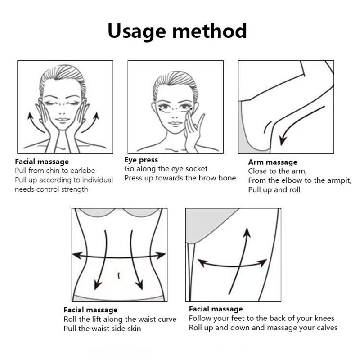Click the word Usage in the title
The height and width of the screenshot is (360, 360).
pyautogui.click(x=137, y=31)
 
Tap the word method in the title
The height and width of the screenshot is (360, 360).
pyautogui.click(x=210, y=31)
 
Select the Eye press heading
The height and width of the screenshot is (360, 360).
pyautogui.click(x=141, y=160)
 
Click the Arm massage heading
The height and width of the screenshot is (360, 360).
pyautogui.click(x=273, y=162)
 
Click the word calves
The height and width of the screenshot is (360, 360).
pyautogui.click(x=325, y=328)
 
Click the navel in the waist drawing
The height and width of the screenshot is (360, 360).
pyautogui.click(x=119, y=275)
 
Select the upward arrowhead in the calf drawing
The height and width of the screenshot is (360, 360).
pyautogui.click(x=247, y=232)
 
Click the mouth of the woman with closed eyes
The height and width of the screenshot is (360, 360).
pyautogui.click(x=63, y=120)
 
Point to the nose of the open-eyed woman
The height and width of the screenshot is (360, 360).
pyautogui.click(x=175, y=116)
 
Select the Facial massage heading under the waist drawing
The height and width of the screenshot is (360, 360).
pyautogui.click(x=90, y=310)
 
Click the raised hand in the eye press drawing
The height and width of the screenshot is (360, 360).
pyautogui.click(x=193, y=131)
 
